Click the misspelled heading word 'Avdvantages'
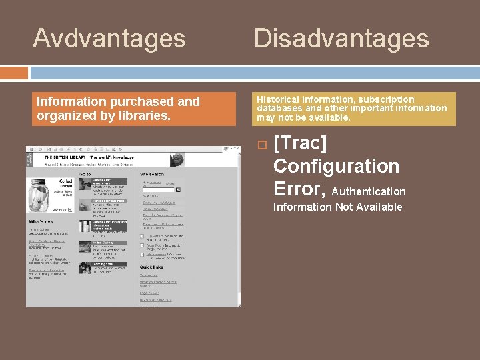click(x=109, y=39)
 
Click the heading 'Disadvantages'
click(x=341, y=39)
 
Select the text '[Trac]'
click(x=301, y=143)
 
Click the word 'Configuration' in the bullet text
click(x=336, y=166)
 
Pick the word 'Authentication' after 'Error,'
click(x=369, y=192)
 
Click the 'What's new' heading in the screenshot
click(x=41, y=221)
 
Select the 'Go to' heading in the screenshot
click(x=86, y=174)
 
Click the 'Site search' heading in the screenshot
click(x=153, y=174)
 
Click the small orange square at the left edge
click(x=13, y=72)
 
